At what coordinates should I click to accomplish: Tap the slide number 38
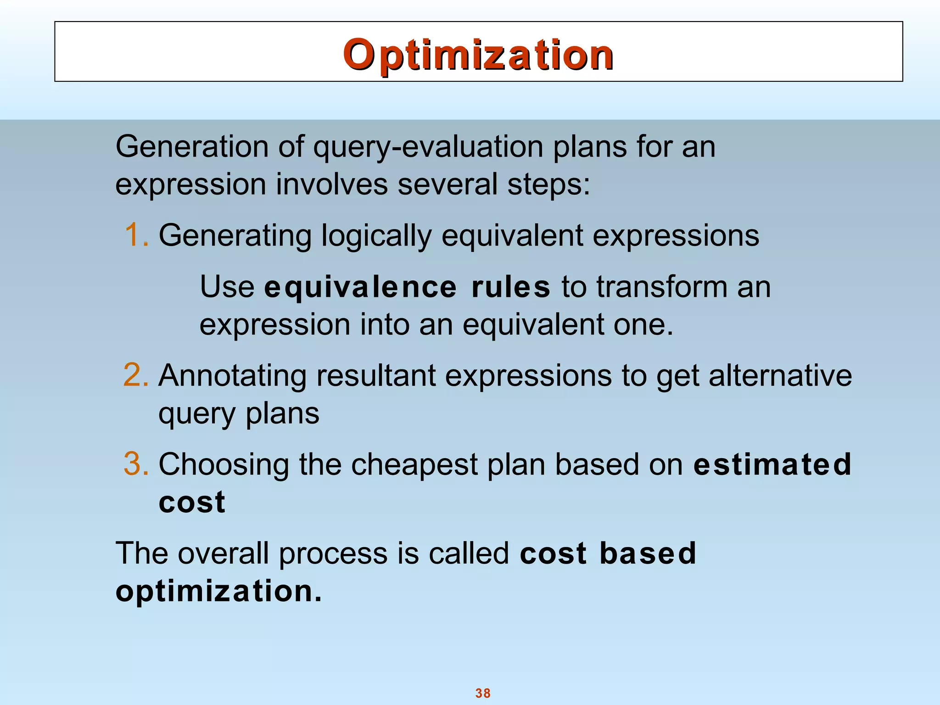tap(483, 693)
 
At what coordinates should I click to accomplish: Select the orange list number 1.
tap(136, 235)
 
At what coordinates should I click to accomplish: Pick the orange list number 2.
tap(136, 375)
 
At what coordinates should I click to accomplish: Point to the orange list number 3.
tap(136, 464)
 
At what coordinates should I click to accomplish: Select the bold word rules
tap(510, 287)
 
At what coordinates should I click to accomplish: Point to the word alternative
tap(780, 375)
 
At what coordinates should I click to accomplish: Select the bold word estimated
tap(772, 464)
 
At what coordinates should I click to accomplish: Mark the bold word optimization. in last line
tap(218, 592)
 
